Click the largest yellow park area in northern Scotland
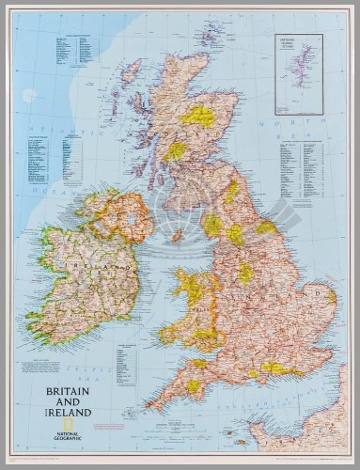pos(198,116)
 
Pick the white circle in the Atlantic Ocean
pos(29,95)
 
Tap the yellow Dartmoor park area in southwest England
pos(193,386)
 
